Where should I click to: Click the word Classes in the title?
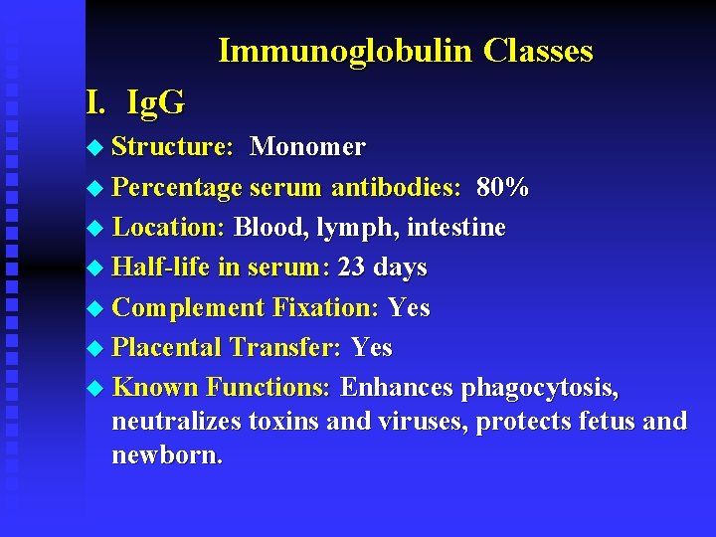pos(538,51)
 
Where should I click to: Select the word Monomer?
pos(307,147)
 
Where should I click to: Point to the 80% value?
pos(503,187)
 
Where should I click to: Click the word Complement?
pos(188,308)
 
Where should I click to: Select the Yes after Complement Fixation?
pos(409,308)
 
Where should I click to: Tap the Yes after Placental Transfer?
pos(371,348)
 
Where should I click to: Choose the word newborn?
pos(167,455)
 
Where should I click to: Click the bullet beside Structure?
pos(94,148)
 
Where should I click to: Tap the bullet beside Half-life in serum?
pos(94,268)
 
